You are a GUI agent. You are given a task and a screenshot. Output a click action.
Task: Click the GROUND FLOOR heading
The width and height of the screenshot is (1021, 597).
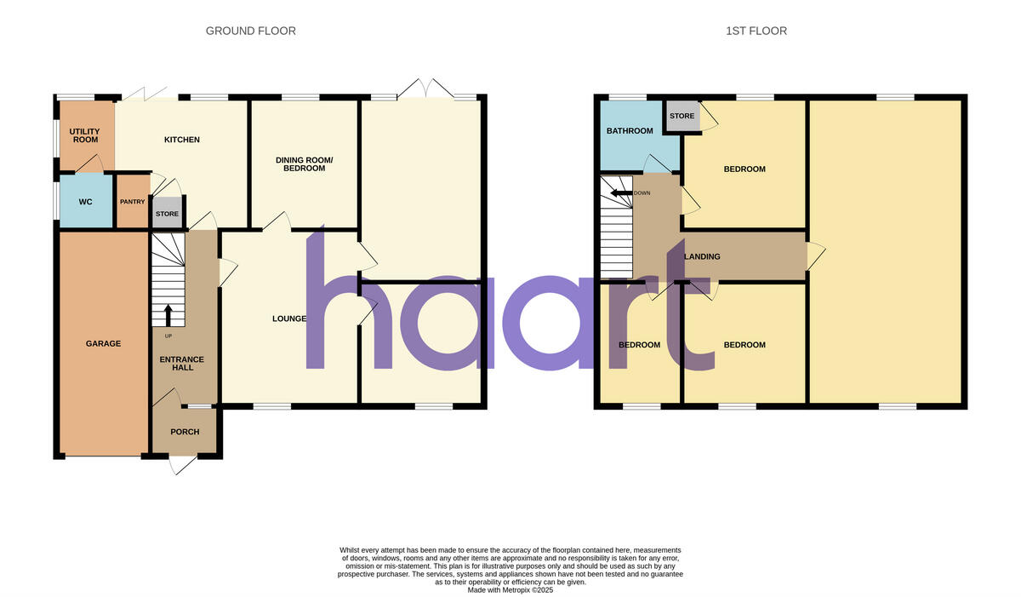coord(251,31)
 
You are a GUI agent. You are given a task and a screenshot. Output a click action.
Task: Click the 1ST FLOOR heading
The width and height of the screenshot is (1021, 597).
coord(756,31)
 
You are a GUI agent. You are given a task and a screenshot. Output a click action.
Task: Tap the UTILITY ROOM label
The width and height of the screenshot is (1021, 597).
coord(85,135)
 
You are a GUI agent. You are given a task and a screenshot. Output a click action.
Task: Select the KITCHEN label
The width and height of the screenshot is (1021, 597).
coord(182,140)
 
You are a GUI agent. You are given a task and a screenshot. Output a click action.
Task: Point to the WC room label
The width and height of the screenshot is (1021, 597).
coord(85,202)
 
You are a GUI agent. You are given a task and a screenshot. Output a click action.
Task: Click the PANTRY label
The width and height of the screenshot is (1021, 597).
coord(132,202)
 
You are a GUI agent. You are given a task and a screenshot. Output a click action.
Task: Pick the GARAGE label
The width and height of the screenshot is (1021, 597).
coord(103,344)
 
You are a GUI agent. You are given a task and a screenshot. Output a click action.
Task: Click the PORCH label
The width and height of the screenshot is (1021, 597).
coord(185,432)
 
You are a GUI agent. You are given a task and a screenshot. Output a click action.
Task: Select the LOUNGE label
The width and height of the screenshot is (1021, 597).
coord(289,319)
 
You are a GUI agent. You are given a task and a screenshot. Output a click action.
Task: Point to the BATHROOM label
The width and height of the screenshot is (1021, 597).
coord(630,131)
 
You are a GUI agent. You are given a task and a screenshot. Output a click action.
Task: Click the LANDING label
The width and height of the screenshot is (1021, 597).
coord(703,256)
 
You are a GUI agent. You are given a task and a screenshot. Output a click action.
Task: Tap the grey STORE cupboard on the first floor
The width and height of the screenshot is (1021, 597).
coord(682,117)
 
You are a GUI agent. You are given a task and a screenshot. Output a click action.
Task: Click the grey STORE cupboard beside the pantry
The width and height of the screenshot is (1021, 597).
coord(168,214)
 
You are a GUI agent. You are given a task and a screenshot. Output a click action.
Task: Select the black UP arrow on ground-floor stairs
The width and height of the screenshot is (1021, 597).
coord(168,315)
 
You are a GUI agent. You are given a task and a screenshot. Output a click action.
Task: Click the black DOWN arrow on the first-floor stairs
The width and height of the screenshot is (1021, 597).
coord(620,192)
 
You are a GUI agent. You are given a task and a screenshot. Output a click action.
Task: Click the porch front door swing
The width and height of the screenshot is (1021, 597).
coord(181,465)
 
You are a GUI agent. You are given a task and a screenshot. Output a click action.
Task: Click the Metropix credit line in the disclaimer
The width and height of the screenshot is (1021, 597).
coord(510,589)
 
